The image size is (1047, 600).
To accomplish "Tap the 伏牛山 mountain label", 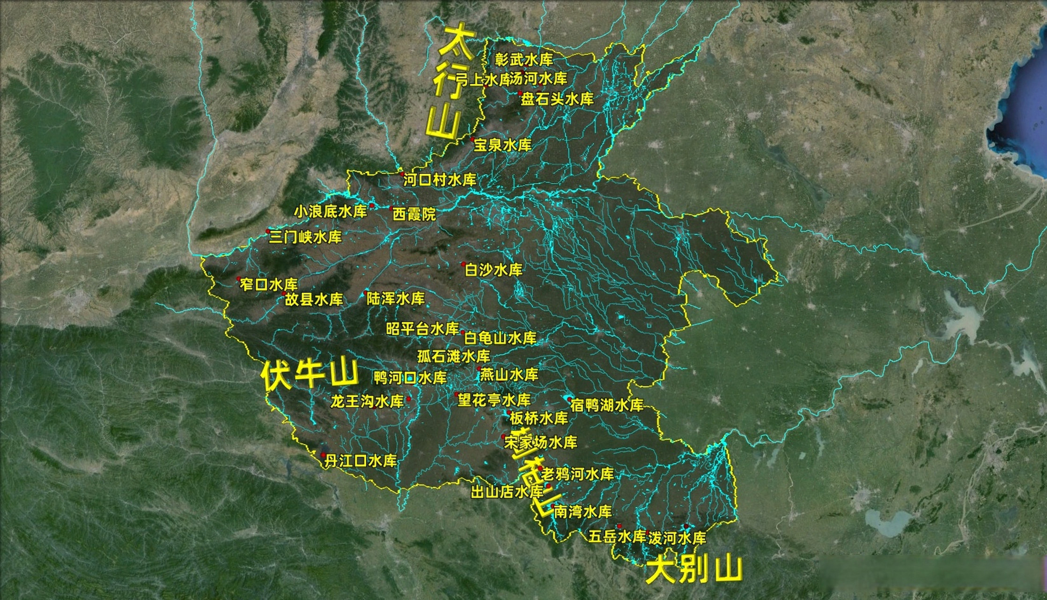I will pyautogui.click(x=310, y=375).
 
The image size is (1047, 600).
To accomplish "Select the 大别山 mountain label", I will pyautogui.click(x=693, y=569).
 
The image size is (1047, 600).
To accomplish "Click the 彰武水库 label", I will pyautogui.click(x=524, y=60).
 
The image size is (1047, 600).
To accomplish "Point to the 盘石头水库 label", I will pyautogui.click(x=557, y=99).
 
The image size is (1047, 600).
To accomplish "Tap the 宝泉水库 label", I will pyautogui.click(x=502, y=145).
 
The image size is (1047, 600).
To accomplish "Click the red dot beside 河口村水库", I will pyautogui.click(x=402, y=174).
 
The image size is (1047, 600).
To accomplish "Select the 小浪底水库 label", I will pyautogui.click(x=331, y=211).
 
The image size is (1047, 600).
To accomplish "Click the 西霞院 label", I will pyautogui.click(x=414, y=214).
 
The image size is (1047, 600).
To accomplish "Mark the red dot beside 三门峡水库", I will pyautogui.click(x=268, y=231).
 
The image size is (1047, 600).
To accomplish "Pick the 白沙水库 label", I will pyautogui.click(x=493, y=270).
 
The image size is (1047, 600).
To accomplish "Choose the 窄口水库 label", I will pyautogui.click(x=269, y=284).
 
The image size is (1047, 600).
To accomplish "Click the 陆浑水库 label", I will pyautogui.click(x=396, y=298).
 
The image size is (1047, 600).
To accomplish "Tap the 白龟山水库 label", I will pyautogui.click(x=500, y=337).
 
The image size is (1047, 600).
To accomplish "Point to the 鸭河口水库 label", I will pyautogui.click(x=410, y=377).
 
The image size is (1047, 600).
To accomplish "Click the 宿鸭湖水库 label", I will pyautogui.click(x=607, y=405).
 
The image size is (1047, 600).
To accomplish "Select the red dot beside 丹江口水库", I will pyautogui.click(x=323, y=455).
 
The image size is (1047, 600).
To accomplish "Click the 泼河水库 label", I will pyautogui.click(x=677, y=538).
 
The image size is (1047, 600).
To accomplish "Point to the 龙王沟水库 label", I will pyautogui.click(x=367, y=401).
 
